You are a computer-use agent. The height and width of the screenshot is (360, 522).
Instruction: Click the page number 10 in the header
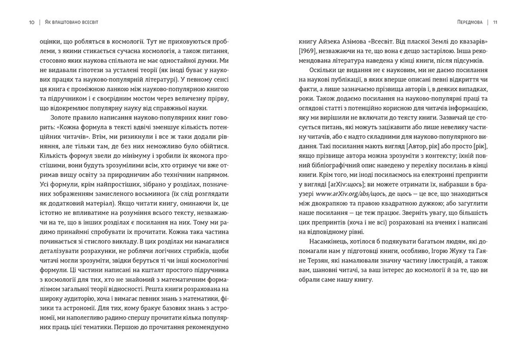[x=32, y=22]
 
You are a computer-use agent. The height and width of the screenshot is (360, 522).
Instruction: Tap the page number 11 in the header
[x=495, y=22]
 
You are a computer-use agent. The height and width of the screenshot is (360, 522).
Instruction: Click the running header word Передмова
[x=470, y=22]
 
